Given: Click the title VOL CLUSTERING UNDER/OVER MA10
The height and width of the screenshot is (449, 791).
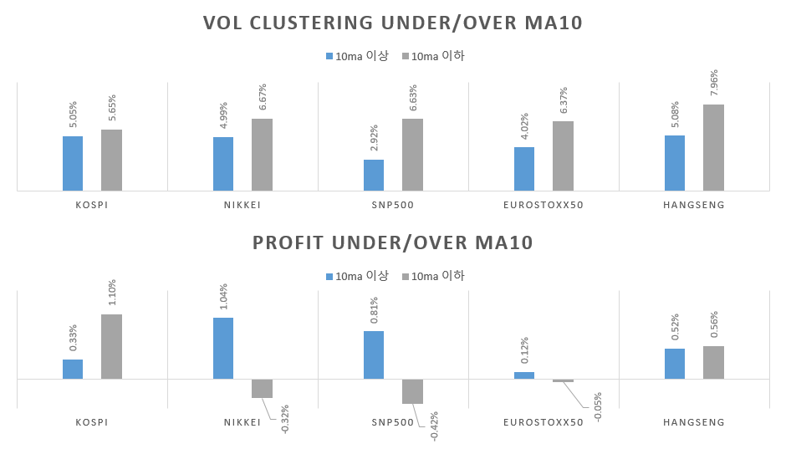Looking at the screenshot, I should [393, 23].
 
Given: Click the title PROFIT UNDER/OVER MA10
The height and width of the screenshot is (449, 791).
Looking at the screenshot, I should [393, 243].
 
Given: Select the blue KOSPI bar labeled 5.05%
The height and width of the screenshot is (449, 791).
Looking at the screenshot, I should [73, 163].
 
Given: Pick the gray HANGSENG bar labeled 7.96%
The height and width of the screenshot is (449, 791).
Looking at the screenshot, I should [713, 147].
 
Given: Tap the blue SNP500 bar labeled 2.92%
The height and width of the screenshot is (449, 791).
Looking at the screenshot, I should [374, 175].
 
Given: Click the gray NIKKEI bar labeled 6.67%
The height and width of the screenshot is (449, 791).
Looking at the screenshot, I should [262, 155].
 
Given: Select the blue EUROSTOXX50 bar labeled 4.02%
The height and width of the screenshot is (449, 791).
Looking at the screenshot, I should [524, 169].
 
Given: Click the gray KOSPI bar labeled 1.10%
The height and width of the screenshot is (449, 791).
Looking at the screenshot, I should [111, 346].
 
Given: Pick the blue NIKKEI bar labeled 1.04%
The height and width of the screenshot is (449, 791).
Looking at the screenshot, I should [223, 348].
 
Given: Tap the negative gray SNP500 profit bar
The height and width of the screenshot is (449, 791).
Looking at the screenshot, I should [412, 391].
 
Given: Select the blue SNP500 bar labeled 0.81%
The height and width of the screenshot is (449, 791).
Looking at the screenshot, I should [374, 355].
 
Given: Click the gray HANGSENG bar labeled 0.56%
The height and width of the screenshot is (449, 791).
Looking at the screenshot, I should [713, 362].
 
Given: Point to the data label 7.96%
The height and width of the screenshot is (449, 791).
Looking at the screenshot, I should [714, 84].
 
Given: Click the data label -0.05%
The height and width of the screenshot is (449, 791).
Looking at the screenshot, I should [599, 407].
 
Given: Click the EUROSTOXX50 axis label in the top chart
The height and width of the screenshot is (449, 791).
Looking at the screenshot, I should [543, 205].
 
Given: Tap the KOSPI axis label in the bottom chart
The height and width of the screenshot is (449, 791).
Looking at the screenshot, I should [92, 422].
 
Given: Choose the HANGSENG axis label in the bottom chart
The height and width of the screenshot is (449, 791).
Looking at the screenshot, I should [694, 422].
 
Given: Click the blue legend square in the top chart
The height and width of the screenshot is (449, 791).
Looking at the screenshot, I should [329, 56].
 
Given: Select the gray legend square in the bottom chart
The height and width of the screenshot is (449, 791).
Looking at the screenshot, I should [406, 277].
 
